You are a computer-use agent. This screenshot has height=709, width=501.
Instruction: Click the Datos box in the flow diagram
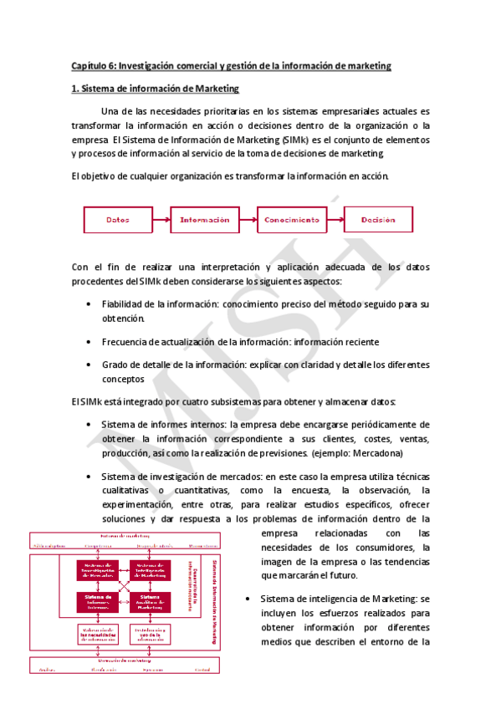pos(117,220)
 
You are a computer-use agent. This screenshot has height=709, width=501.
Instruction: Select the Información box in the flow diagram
pos(204,220)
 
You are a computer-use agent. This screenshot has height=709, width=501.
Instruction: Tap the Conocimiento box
pos(291,220)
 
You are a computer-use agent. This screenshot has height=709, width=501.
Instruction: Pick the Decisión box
pos(378,220)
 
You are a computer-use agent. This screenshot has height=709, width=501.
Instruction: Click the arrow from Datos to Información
pos(161,220)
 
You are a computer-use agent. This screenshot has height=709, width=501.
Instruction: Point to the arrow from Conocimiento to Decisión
pos(335,220)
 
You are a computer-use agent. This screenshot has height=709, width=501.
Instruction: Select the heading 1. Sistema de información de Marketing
pos(155,89)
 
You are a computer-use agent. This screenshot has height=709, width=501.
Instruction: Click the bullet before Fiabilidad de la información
pos(89,304)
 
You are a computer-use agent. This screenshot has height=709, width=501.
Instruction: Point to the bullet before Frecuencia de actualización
pos(89,342)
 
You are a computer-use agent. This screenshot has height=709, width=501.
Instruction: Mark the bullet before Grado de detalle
pos(89,365)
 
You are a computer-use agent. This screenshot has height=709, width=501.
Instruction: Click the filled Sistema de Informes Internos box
pos(100,601)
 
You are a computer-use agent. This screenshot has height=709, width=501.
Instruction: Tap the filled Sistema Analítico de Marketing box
pos(151,601)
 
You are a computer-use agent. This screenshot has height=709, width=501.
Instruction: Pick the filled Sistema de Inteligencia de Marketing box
pos(151,571)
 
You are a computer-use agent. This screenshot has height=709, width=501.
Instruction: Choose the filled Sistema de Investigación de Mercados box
pos(100,571)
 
